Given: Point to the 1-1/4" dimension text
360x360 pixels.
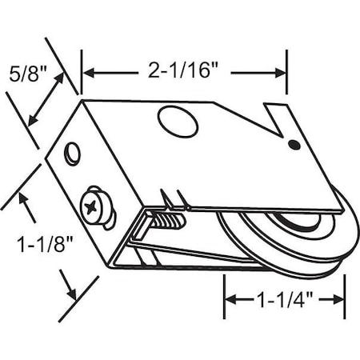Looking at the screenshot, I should point(283,300).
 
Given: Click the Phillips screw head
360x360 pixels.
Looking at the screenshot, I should point(95,207).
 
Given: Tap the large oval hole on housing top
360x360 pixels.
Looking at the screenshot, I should point(177,122).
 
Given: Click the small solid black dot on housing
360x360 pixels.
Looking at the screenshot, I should point(294,146).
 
